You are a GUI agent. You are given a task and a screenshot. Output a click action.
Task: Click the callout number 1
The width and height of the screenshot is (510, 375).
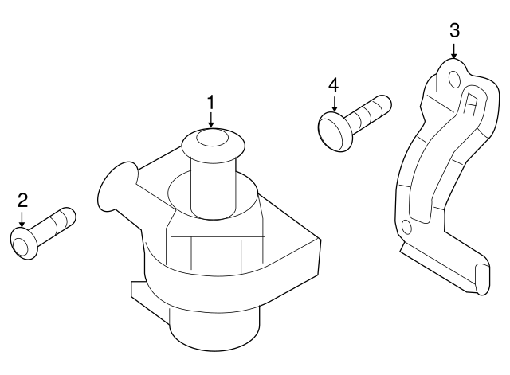(x=211, y=102)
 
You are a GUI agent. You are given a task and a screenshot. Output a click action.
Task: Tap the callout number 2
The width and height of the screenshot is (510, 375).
(x=22, y=200)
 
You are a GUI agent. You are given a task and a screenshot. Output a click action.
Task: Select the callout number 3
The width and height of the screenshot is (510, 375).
(x=454, y=31)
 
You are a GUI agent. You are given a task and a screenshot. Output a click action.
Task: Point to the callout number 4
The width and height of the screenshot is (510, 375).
(x=333, y=84)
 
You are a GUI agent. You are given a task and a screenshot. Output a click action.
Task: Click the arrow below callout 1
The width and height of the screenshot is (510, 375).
(x=211, y=119)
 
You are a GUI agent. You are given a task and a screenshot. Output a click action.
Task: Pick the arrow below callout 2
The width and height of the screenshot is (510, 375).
(x=22, y=217)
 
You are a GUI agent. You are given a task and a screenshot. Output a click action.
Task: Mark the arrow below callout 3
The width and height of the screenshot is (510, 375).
(x=454, y=51)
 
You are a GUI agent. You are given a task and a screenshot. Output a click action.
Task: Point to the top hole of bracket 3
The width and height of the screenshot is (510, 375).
(x=454, y=79)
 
